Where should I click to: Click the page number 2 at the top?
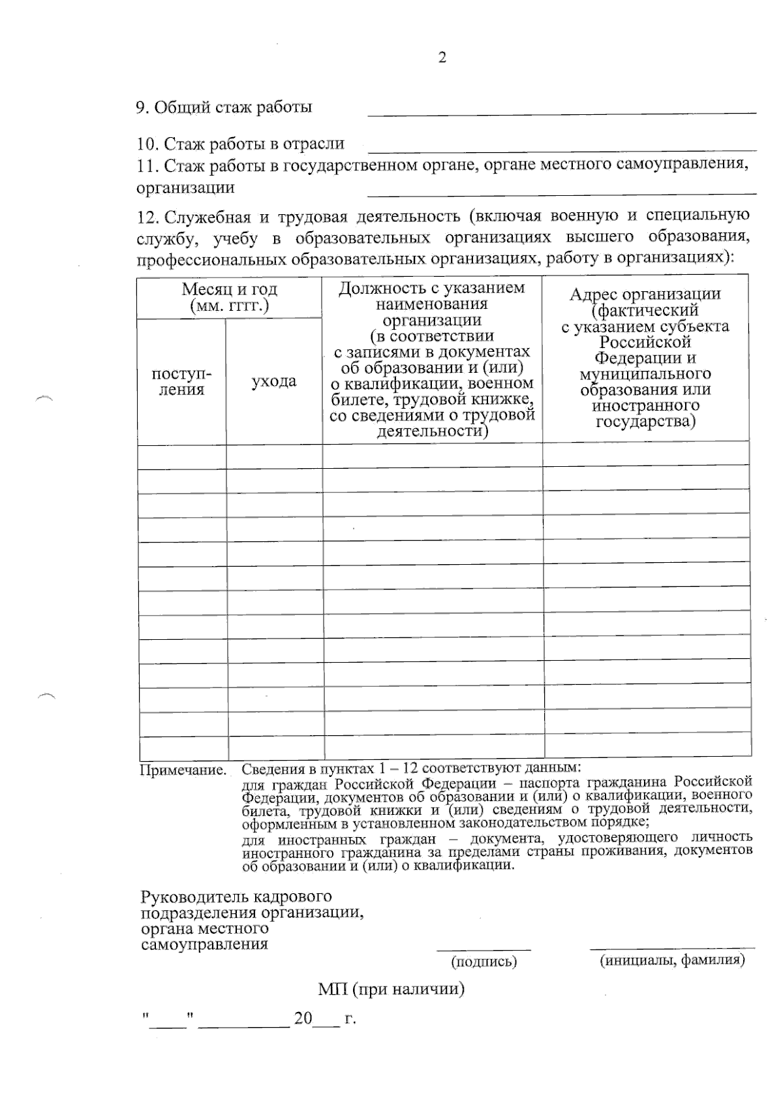pyautogui.click(x=442, y=58)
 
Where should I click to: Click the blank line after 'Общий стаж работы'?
pyautogui.click(x=561, y=112)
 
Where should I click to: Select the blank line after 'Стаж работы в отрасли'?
pyautogui.click(x=561, y=149)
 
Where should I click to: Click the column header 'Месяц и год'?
pyautogui.click(x=229, y=289)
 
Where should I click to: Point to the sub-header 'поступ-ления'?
pyautogui.click(x=181, y=382)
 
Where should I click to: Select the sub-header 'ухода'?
pyautogui.click(x=274, y=381)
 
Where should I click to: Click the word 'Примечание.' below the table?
pyautogui.click(x=183, y=770)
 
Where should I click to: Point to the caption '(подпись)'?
pyautogui.click(x=484, y=961)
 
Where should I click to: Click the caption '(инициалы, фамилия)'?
pyautogui.click(x=672, y=960)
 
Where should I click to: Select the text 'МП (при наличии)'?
pyautogui.click(x=391, y=989)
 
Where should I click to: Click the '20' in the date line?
pyautogui.click(x=303, y=1019)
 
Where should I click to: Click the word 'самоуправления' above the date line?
pyautogui.click(x=204, y=944)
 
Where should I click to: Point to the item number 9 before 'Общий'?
pyautogui.click(x=141, y=108)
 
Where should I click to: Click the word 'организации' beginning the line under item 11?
pyautogui.click(x=185, y=188)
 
